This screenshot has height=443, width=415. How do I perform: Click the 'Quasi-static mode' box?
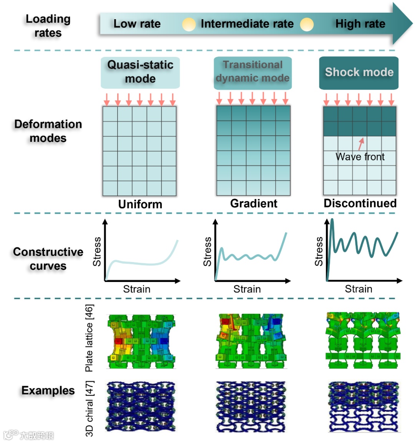(x=140, y=72)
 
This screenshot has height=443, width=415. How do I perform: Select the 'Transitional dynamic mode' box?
(x=252, y=72)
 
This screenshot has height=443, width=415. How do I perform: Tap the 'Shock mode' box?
(x=359, y=72)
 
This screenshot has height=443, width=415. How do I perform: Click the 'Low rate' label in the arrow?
(x=137, y=24)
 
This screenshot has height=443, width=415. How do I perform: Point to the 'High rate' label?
(x=360, y=24)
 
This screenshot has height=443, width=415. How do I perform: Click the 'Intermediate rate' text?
(x=247, y=24)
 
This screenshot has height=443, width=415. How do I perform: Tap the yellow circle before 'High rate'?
(x=307, y=25)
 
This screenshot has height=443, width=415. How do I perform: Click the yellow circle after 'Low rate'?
(x=189, y=25)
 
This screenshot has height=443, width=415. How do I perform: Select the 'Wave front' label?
(x=360, y=157)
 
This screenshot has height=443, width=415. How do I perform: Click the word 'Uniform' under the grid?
(x=140, y=204)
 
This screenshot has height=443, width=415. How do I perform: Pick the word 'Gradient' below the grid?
(x=254, y=203)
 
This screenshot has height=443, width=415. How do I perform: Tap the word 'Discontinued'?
(x=360, y=203)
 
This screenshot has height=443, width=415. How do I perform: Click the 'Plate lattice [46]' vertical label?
(x=89, y=338)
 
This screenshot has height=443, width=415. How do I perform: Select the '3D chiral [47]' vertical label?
(x=89, y=408)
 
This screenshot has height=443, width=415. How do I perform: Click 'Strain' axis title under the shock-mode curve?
(x=359, y=289)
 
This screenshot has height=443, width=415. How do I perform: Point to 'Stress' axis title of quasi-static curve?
(x=97, y=252)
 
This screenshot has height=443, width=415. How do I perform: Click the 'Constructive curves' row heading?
(x=48, y=259)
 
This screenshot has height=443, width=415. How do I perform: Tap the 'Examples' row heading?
(x=48, y=390)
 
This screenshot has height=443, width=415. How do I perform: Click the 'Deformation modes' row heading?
(x=48, y=131)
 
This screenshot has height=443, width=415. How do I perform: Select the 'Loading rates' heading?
(x=48, y=26)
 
